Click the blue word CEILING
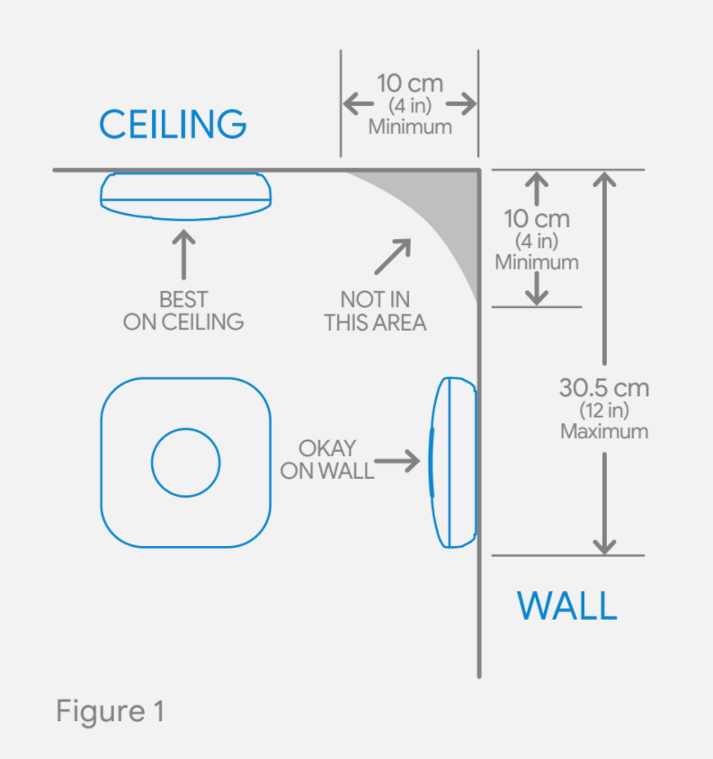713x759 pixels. (173, 123)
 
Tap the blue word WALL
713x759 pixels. (566, 606)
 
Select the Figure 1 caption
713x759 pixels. (111, 711)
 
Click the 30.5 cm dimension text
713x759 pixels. (604, 388)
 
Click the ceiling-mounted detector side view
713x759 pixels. (185, 195)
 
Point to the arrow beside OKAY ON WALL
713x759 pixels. (398, 462)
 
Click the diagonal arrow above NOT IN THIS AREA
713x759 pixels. (393, 256)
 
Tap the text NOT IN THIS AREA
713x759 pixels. (375, 311)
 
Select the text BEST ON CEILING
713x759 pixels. (183, 311)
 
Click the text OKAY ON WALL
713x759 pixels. (327, 459)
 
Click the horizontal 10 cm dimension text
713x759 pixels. (410, 84)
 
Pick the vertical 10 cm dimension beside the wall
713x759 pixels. (537, 219)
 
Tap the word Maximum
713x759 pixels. (604, 431)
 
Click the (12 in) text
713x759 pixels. (604, 411)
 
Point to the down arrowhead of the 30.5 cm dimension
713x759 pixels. (605, 544)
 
